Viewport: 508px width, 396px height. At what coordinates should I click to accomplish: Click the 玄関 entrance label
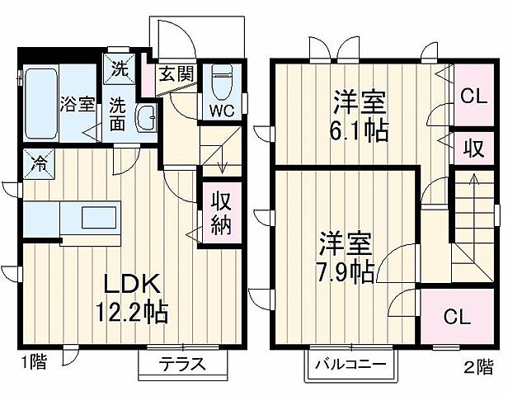[x=176, y=74]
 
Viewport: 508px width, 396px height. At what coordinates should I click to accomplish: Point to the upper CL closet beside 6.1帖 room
[x=472, y=96]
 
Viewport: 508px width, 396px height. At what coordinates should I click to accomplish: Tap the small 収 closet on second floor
[x=472, y=149]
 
